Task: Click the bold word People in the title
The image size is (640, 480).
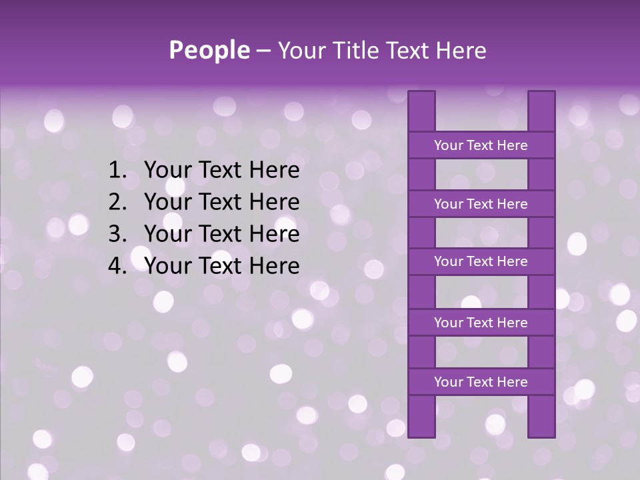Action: [209, 50]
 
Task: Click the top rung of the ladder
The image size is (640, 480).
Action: [481, 145]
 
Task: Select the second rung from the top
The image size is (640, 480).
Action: [481, 204]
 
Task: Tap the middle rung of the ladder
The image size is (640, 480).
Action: [481, 261]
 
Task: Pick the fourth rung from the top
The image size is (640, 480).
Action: [481, 323]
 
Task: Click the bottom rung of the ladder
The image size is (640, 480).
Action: [481, 382]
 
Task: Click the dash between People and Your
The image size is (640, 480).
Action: [263, 51]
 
